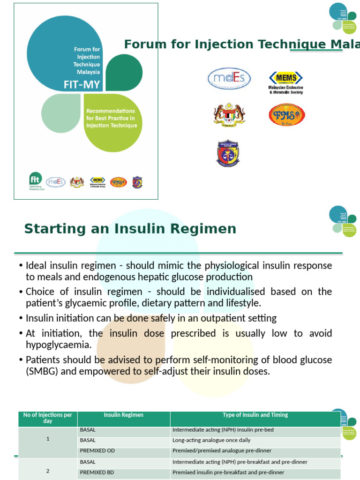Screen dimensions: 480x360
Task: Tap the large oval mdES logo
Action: click(x=229, y=79)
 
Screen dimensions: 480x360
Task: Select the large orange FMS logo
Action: click(x=287, y=115)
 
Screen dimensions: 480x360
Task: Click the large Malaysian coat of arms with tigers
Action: click(x=229, y=114)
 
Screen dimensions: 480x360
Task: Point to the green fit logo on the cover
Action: click(x=35, y=178)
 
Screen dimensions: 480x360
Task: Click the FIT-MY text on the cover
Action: click(x=82, y=85)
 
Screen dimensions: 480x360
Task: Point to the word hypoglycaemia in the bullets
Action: click(x=58, y=345)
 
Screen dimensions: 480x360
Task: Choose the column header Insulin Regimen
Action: click(x=124, y=415)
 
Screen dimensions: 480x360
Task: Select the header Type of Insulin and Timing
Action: click(x=255, y=415)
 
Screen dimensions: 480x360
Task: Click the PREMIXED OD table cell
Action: click(x=97, y=451)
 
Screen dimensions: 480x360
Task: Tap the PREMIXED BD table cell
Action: click(x=97, y=472)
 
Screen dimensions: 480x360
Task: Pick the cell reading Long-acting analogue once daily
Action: click(x=211, y=441)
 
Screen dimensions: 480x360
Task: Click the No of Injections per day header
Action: click(x=48, y=418)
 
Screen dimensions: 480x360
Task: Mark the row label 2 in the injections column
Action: click(x=48, y=469)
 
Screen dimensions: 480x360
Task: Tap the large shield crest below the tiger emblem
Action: click(x=228, y=153)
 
